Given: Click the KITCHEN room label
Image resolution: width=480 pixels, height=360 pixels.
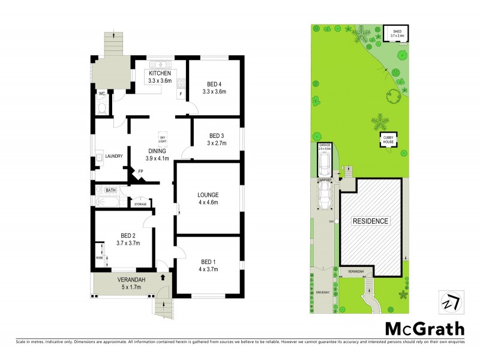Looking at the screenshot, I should coord(160,73).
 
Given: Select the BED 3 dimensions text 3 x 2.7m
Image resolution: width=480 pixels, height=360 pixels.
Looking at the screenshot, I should coord(217,143).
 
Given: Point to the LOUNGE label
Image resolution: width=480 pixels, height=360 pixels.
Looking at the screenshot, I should coord(208,195).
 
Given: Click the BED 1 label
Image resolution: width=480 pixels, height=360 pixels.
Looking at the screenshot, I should coord(208,262).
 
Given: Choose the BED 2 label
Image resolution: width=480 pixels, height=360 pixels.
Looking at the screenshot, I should coord(128,235).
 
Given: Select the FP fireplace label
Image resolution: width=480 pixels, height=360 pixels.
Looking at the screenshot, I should coord(140,172).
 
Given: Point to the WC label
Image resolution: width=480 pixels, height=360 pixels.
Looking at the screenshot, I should coord(102,94).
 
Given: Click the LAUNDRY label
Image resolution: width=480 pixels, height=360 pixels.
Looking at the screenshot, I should coord(114,157).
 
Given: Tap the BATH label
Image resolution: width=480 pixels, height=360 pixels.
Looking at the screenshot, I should coord(111,190).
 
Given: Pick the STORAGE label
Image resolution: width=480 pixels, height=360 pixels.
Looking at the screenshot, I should coord(140,204).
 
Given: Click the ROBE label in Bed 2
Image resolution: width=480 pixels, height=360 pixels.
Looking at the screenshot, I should coord(99,258).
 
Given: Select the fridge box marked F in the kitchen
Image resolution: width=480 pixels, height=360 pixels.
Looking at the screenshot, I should coord(180,94).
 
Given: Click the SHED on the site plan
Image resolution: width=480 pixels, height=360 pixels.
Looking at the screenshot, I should coord(397,34).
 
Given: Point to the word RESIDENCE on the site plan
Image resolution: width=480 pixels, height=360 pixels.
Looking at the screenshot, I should coord(370,221).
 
